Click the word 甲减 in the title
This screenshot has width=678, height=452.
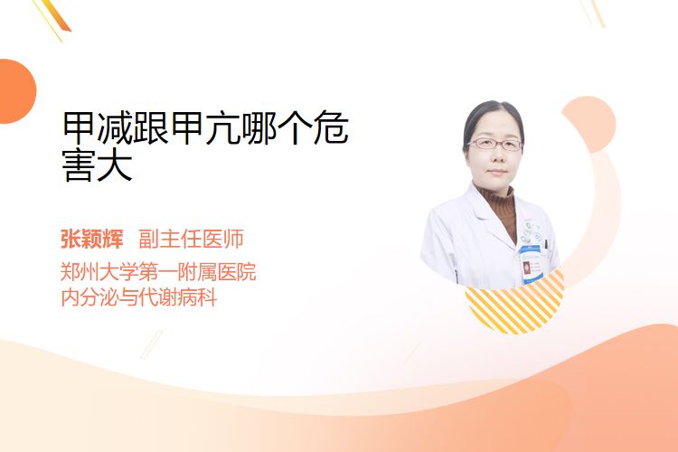pyautogui.click(x=98, y=127)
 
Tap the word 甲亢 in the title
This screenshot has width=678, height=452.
pyautogui.click(x=205, y=127)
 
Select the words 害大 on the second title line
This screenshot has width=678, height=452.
pyautogui.click(x=98, y=165)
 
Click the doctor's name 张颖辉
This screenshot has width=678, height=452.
pyautogui.click(x=92, y=239)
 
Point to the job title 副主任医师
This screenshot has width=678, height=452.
pyautogui.click(x=191, y=239)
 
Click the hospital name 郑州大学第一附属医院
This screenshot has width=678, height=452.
pyautogui.click(x=158, y=272)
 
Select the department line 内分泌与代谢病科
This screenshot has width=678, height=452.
pyautogui.click(x=139, y=297)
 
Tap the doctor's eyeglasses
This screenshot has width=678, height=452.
pyautogui.click(x=494, y=144)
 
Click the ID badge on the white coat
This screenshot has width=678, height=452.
pyautogui.click(x=531, y=265)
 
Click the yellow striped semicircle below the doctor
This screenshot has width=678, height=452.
pyautogui.click(x=515, y=305)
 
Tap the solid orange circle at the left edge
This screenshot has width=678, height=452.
pyautogui.click(x=16, y=91)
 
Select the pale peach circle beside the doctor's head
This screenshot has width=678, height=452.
pyautogui.click(x=589, y=124)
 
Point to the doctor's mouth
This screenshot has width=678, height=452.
pyautogui.click(x=496, y=172)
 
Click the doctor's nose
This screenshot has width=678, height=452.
pyautogui.click(x=496, y=156)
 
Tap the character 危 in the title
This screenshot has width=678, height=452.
pyautogui.click(x=331, y=127)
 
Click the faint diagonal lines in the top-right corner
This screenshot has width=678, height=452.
pyautogui.click(x=592, y=13)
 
